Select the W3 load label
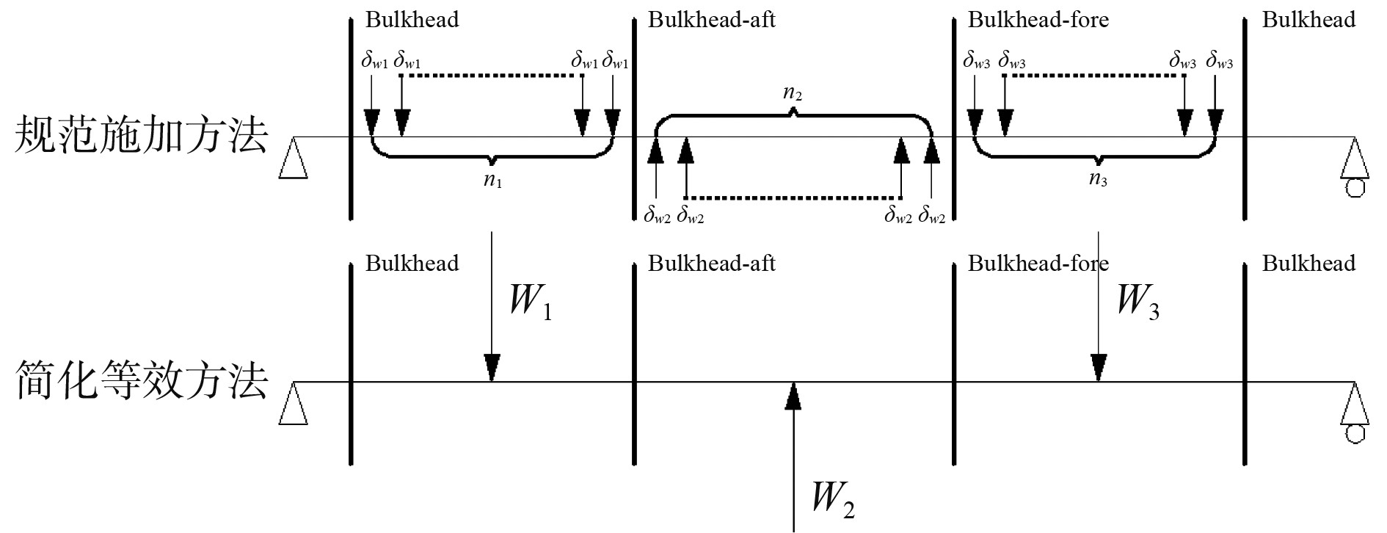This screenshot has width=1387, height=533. point(1137,302)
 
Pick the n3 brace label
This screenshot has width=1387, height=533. point(1098,181)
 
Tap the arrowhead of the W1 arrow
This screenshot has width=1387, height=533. point(492,366)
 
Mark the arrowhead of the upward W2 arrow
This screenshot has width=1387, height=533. point(793,396)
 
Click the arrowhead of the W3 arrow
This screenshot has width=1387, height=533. point(1098,366)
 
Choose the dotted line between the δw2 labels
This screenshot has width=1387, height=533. point(793,198)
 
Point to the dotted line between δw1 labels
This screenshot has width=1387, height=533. point(492,75)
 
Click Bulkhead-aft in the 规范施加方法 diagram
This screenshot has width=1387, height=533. point(711,20)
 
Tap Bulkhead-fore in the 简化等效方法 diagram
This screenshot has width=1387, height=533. point(1038,263)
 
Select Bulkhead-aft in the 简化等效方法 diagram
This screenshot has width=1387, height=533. point(711,263)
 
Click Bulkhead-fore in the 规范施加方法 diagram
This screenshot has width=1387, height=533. point(1038,20)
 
